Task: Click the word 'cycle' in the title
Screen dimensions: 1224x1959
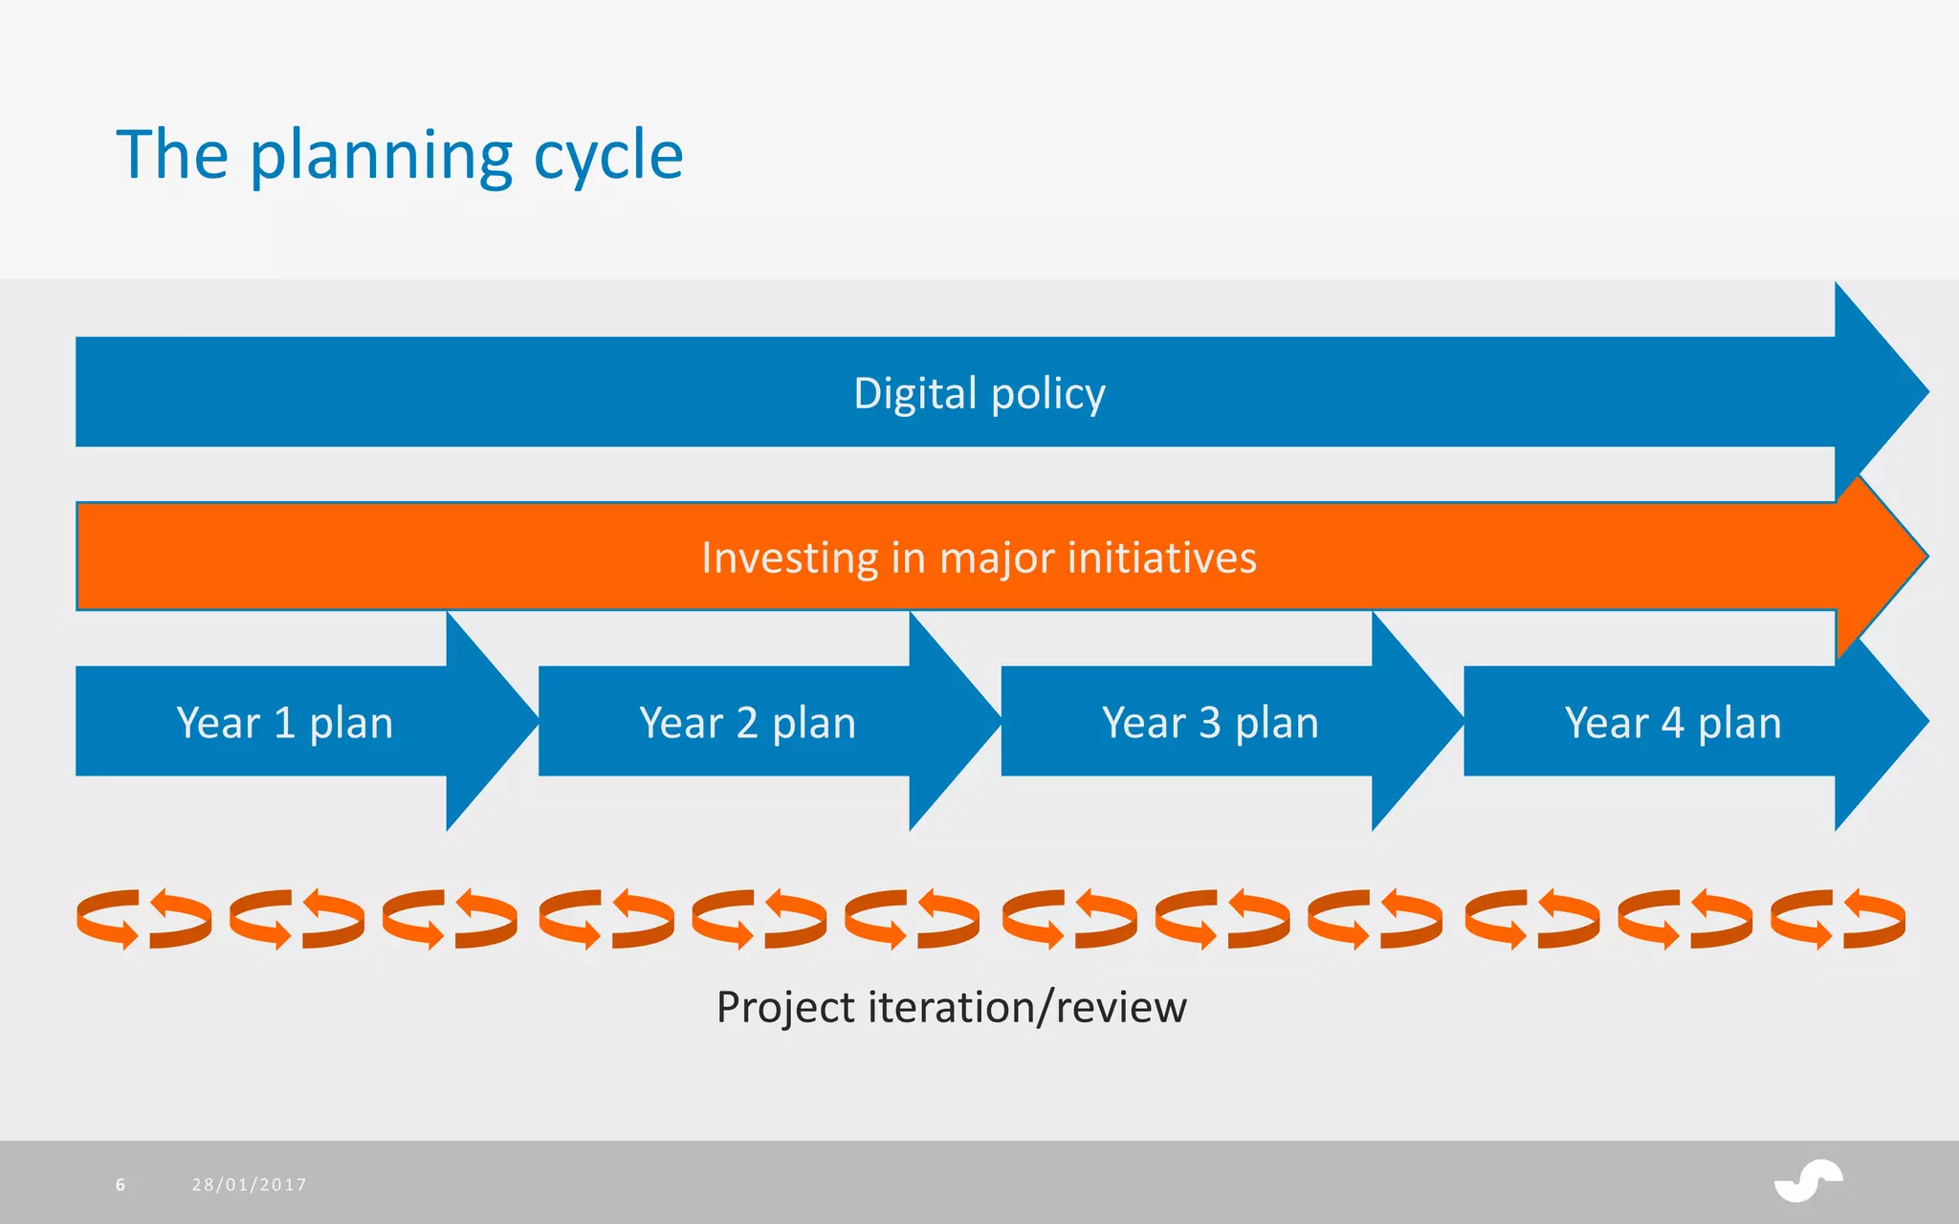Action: [607, 156]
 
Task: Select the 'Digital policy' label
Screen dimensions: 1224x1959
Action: [979, 393]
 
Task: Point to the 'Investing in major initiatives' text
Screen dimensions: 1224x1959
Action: [979, 557]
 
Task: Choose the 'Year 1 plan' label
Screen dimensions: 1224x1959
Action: [284, 723]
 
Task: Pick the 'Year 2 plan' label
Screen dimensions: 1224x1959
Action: [747, 723]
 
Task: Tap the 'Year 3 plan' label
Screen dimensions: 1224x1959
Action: [1210, 723]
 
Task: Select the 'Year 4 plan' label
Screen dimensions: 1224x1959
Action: [1673, 723]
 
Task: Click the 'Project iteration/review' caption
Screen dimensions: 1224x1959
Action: [951, 1007]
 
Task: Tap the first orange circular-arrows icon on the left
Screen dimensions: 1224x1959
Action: [143, 919]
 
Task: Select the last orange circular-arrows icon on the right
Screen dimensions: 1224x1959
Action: [1838, 919]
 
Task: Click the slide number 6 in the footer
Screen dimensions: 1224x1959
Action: [121, 1185]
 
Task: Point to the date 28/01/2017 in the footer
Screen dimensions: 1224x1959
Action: [249, 1185]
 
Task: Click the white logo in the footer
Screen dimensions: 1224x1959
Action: [1808, 1181]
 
